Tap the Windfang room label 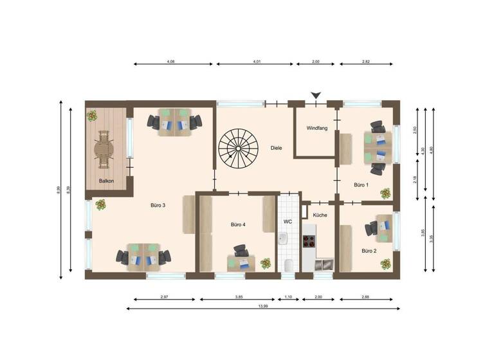(317, 129)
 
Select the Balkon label (107, 181)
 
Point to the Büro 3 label (158, 206)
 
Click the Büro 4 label (238, 225)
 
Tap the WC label (288, 222)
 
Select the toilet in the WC (288, 265)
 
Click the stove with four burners (310, 242)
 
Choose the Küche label (320, 215)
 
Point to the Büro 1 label (361, 185)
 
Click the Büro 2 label (369, 251)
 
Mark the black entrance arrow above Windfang (315, 95)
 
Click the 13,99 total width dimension (262, 307)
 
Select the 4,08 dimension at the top (171, 62)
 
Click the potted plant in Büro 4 (265, 264)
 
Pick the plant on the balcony (93, 116)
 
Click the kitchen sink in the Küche (324, 264)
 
